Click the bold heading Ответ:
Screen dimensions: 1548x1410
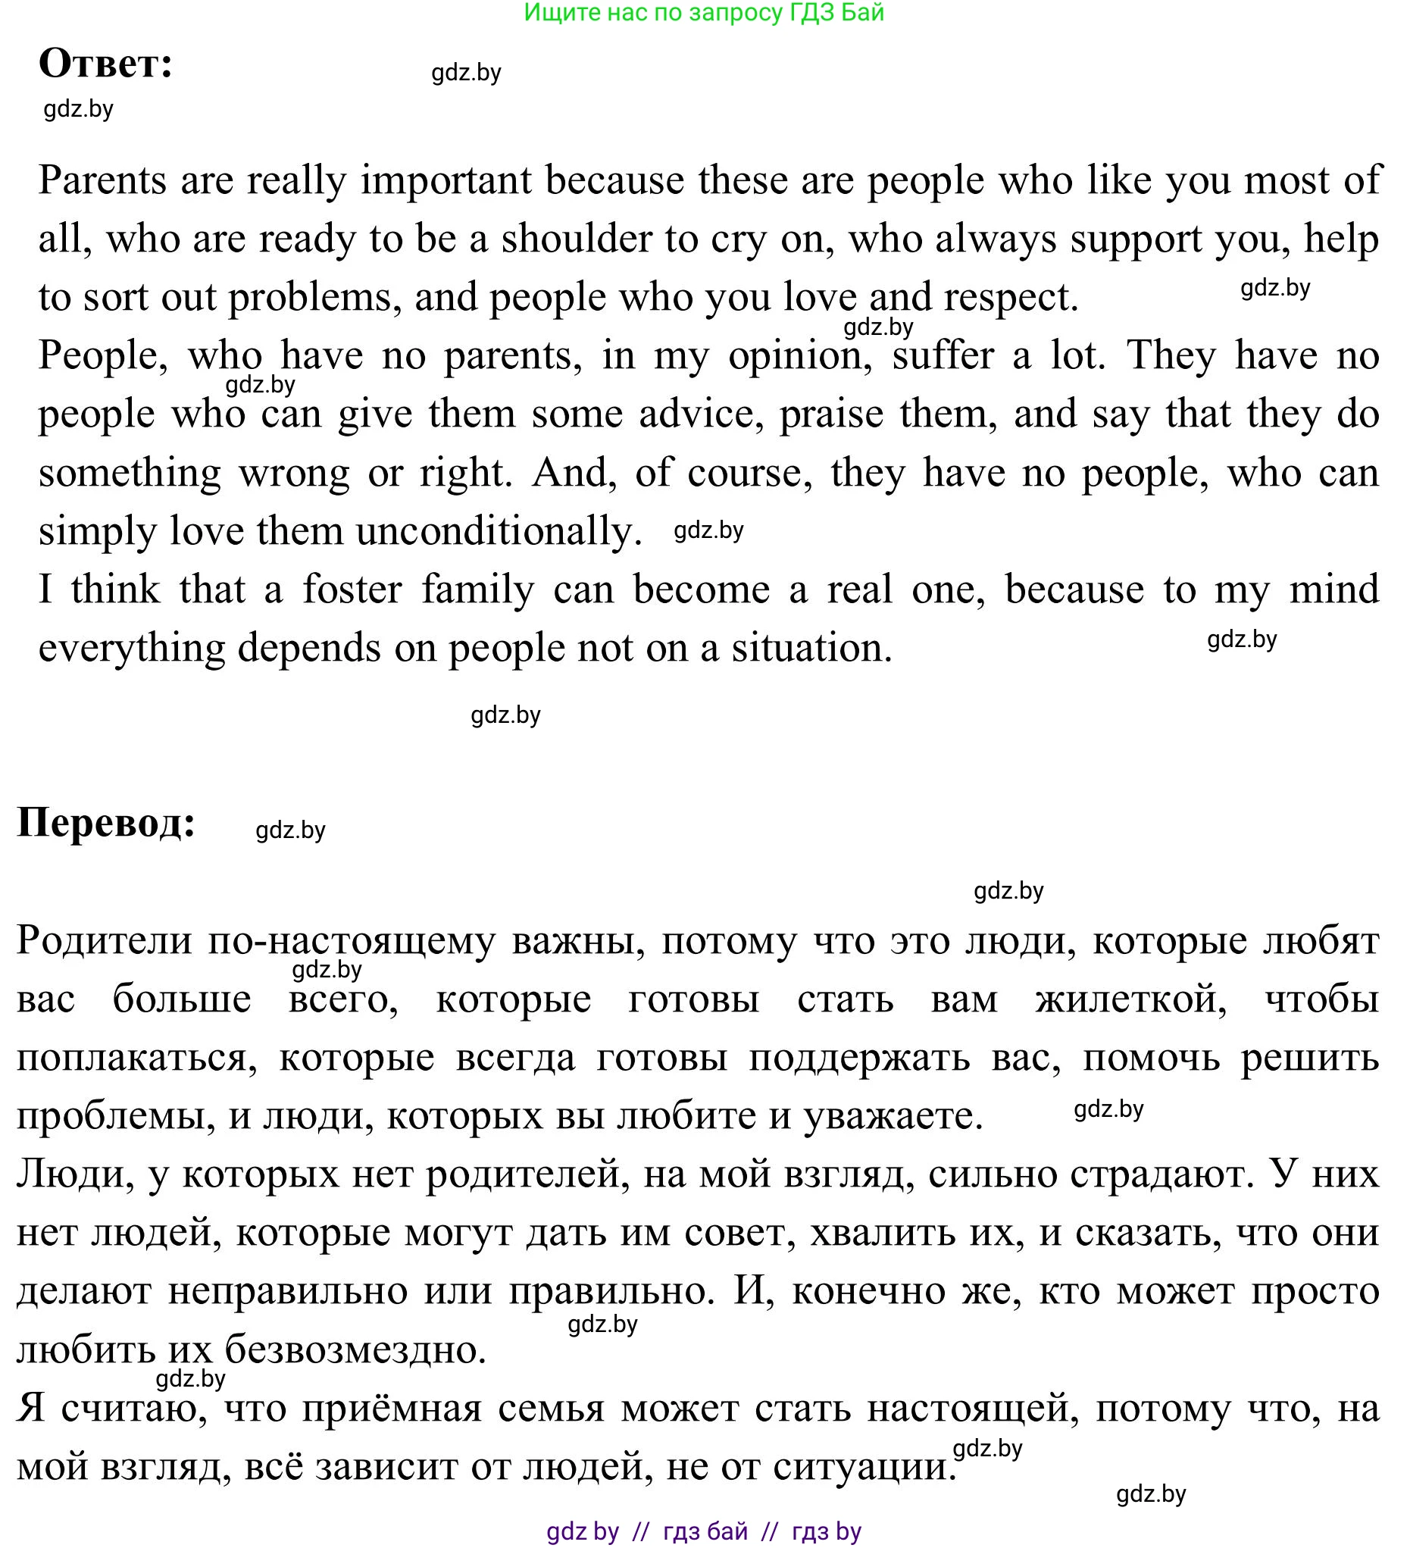105,63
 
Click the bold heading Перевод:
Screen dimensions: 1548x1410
106,822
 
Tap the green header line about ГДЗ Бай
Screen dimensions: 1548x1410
703,12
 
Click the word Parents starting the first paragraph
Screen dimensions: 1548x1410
102,180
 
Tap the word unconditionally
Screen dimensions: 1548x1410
499,531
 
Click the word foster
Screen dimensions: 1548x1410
352,589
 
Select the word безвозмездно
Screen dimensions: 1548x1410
355,1350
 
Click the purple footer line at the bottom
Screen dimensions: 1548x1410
703,1531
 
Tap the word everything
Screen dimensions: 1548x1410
131,648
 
